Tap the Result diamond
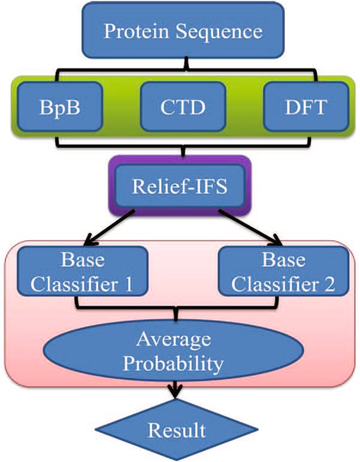tap(177, 431)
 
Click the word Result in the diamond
tap(177, 431)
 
